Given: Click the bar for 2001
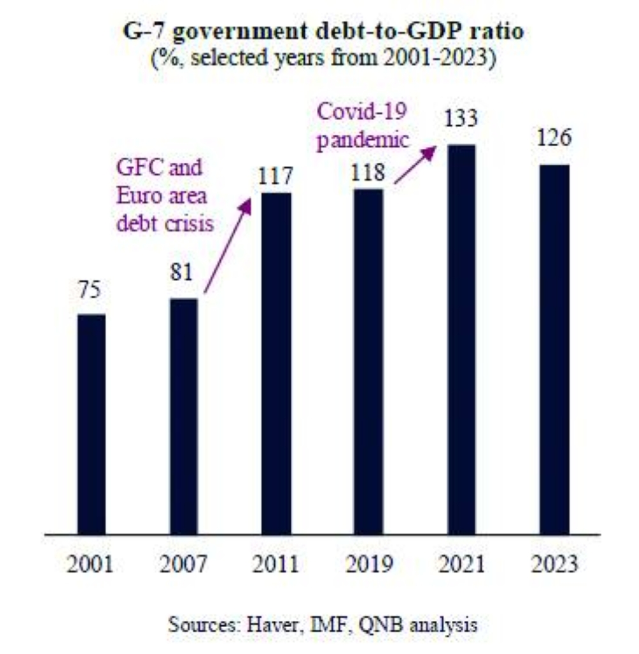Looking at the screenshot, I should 91,423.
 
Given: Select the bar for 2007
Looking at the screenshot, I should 184,416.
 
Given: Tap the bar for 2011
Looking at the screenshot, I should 276,363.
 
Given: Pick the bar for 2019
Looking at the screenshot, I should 369,361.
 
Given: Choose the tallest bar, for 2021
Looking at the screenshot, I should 461,339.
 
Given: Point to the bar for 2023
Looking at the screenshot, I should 553,349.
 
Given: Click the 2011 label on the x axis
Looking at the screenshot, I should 276,565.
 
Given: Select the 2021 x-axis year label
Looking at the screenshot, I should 461,565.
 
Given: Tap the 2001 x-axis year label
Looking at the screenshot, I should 91,565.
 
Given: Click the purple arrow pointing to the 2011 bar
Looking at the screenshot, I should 227,245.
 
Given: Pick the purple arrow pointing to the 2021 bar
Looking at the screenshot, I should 415,165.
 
